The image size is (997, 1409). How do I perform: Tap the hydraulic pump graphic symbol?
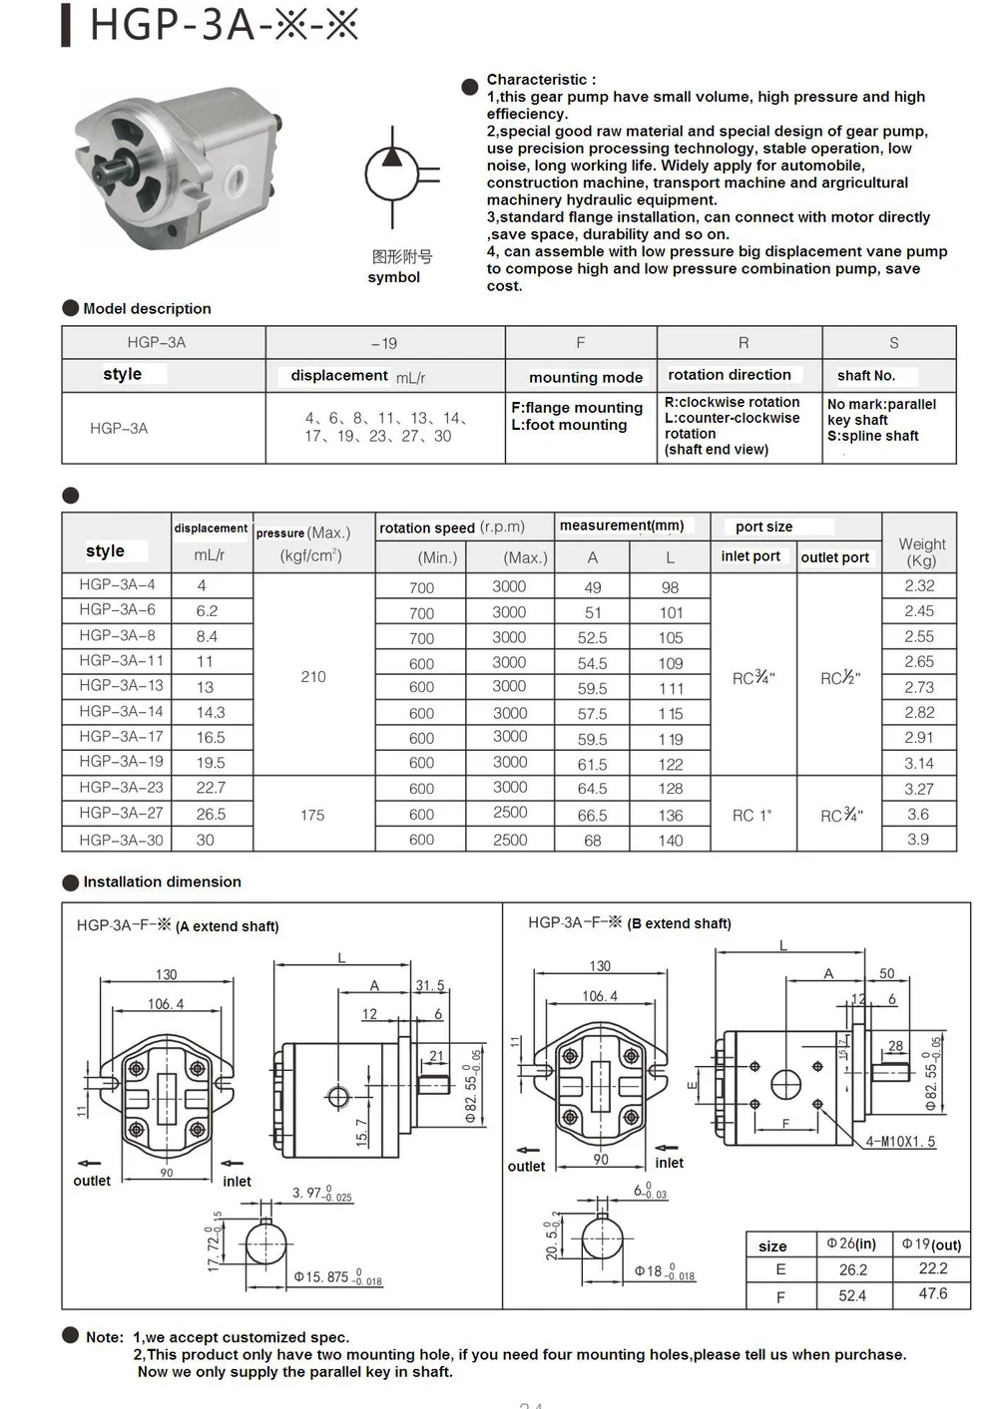(x=394, y=176)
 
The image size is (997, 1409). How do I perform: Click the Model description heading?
(x=147, y=309)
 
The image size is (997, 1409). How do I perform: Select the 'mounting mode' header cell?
(x=585, y=377)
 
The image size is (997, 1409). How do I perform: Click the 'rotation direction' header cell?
(x=729, y=375)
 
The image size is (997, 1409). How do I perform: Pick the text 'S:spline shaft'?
(x=872, y=436)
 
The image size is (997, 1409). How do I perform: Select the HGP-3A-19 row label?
(x=121, y=762)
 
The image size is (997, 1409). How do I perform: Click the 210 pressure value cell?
(x=313, y=677)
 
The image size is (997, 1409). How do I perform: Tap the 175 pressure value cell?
(x=312, y=815)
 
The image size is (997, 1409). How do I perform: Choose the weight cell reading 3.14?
(x=918, y=763)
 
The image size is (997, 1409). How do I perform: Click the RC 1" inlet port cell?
(x=751, y=816)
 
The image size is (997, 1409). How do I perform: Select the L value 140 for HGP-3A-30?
(x=670, y=841)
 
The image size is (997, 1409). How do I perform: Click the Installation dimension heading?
(x=162, y=882)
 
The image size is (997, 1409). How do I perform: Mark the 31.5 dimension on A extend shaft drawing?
(x=429, y=985)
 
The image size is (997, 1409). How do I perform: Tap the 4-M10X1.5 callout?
(x=900, y=1142)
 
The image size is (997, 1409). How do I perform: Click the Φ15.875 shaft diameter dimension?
(x=336, y=1277)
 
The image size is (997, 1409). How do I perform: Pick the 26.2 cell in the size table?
(x=852, y=1269)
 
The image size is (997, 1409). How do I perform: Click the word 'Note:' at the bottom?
(x=105, y=1337)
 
